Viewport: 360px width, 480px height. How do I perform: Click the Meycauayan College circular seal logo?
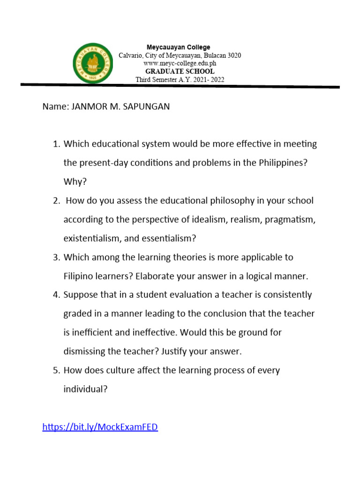coord(94,64)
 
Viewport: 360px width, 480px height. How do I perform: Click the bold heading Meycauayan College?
coord(179,47)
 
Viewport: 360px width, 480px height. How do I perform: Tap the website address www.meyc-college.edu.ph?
coord(180,63)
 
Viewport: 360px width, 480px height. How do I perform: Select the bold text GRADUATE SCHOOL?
coord(180,71)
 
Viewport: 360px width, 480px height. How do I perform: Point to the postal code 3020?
coord(233,55)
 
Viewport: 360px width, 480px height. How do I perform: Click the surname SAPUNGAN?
coord(146,106)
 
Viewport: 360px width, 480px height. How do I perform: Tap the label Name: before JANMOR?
coord(55,106)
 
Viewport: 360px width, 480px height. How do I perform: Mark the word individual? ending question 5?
coord(86,389)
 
